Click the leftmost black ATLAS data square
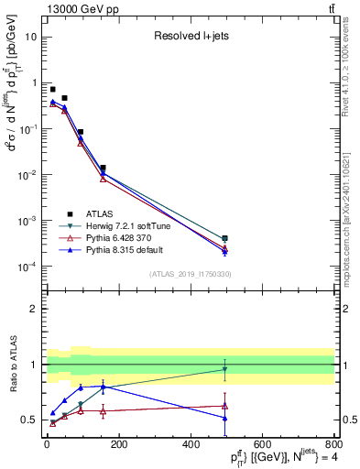pos(52,89)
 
